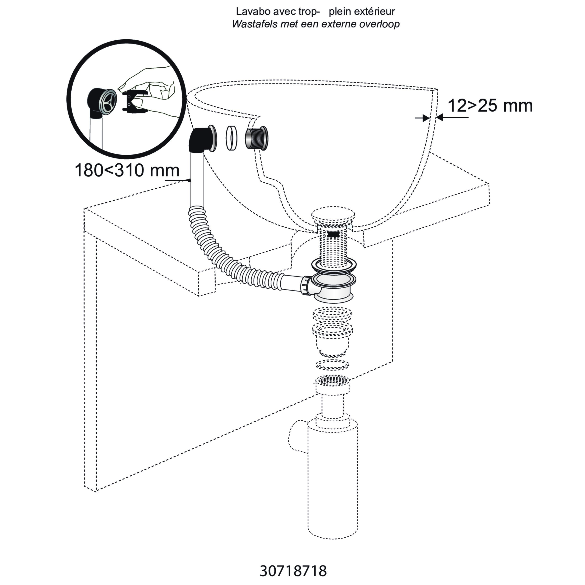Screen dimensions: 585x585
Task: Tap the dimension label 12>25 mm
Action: [x=490, y=106]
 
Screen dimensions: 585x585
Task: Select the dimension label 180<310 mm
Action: [x=127, y=170]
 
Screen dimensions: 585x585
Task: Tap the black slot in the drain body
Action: [x=333, y=234]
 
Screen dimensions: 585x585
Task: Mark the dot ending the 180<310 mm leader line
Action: [x=189, y=180]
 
